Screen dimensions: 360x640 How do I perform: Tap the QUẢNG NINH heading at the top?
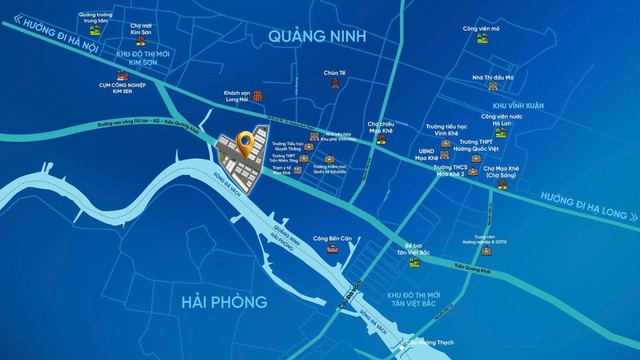(x=319, y=37)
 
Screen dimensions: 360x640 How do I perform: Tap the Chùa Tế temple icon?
(x=333, y=86)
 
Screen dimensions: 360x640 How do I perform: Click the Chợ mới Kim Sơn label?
(x=137, y=33)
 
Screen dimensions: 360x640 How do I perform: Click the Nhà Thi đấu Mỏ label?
(x=493, y=77)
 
